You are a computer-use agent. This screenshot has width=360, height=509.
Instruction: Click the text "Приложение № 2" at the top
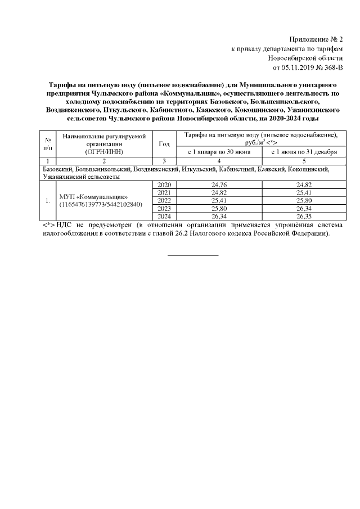coord(316,39)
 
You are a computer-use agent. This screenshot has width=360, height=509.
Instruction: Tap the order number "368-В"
coord(331,68)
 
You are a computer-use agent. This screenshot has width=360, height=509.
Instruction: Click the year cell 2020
coord(164,184)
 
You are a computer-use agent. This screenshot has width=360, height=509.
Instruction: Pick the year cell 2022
coord(164,200)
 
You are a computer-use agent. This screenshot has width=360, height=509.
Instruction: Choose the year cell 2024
coord(164,216)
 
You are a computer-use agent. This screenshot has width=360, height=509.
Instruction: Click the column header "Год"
coord(164,144)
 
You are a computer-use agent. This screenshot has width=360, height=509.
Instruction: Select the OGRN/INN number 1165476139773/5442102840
coord(99,204)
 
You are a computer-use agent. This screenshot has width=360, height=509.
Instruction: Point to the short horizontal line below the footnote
coord(193,256)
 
